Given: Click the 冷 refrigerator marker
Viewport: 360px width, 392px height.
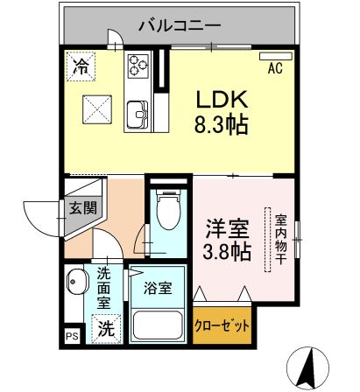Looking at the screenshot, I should click(x=81, y=64).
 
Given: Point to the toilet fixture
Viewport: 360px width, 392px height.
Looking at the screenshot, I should click(x=166, y=209).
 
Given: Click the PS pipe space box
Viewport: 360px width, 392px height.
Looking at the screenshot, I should click(x=71, y=335).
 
